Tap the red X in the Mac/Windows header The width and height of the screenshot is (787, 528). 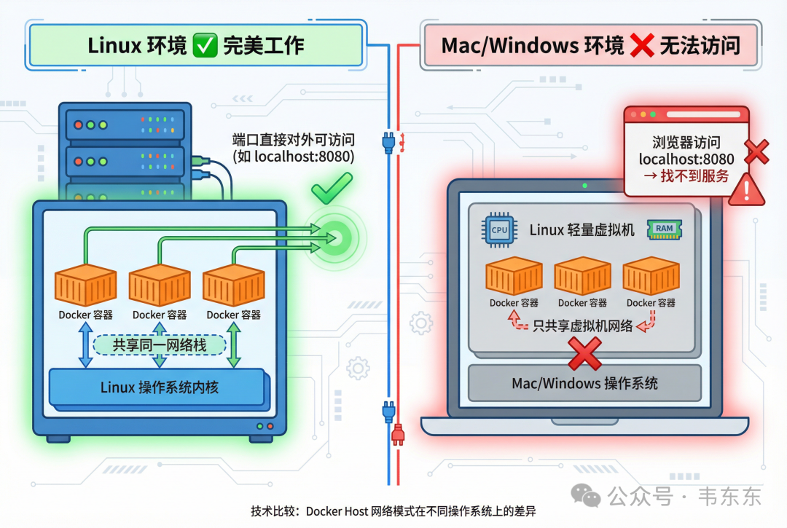642,46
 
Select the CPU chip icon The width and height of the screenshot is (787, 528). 499,230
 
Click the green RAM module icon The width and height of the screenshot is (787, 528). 664,228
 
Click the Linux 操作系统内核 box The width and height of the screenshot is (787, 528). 156,387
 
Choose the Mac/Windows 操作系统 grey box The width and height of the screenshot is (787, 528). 584,383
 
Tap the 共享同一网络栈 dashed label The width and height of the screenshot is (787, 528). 160,344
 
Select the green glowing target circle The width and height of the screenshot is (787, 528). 335,237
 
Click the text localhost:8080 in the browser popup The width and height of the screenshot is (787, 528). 686,159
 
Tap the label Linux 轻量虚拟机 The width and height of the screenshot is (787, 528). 582,230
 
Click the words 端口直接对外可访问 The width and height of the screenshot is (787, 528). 292,139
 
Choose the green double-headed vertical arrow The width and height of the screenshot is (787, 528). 234,344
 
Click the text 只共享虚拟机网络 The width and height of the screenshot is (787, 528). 583,326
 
